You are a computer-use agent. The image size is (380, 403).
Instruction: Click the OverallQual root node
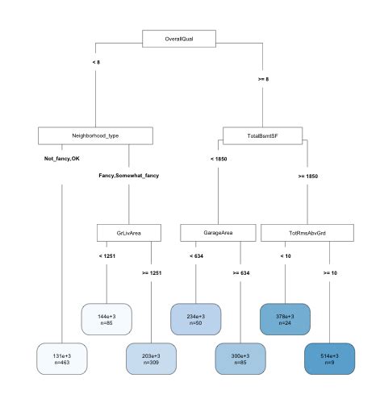click(x=179, y=39)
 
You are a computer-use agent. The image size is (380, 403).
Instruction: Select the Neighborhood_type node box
click(x=95, y=135)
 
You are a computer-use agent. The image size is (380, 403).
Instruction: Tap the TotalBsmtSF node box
click(x=262, y=135)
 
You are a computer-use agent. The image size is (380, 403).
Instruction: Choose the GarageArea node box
click(x=219, y=233)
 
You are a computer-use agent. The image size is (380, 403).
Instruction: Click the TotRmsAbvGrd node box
click(x=307, y=233)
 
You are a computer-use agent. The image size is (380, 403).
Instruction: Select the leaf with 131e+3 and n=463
click(x=61, y=358)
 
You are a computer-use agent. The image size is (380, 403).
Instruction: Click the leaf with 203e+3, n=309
click(x=152, y=358)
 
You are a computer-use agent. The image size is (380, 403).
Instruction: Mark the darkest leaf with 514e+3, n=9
click(x=330, y=358)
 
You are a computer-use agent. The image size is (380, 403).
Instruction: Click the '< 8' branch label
click(x=96, y=62)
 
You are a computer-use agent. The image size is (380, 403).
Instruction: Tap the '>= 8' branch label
click(x=263, y=79)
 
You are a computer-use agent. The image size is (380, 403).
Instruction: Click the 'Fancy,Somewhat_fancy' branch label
click(x=129, y=175)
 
